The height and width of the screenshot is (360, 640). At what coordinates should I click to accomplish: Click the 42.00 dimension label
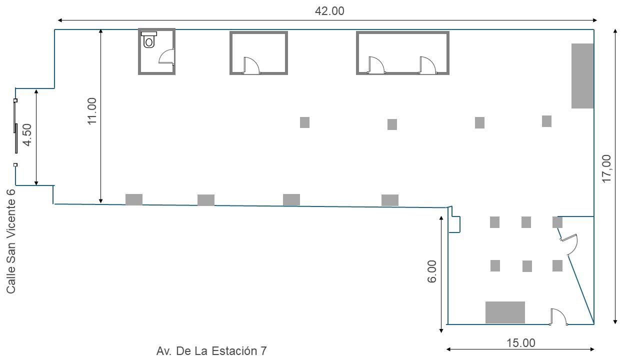coord(329,11)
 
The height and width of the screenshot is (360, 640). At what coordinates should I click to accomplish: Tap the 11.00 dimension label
coord(92,111)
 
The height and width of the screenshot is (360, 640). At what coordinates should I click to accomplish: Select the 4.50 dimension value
coord(27,134)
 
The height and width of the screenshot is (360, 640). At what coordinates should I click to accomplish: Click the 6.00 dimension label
coord(431,271)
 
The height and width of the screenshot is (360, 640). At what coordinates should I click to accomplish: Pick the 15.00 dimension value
coord(520,343)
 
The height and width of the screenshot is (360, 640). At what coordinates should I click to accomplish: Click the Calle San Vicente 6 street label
coord(11,241)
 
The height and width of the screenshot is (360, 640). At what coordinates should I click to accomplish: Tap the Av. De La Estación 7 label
coord(211,350)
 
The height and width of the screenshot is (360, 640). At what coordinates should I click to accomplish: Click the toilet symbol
coord(149,39)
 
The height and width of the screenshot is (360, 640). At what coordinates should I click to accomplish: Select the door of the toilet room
coord(167,56)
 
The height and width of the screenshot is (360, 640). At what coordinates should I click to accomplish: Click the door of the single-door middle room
coord(251,65)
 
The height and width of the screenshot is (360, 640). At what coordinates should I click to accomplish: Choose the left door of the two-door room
coord(376,65)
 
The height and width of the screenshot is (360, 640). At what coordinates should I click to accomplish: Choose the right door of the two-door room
coord(427,65)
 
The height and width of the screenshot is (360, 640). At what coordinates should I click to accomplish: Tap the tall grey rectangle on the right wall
coord(582,76)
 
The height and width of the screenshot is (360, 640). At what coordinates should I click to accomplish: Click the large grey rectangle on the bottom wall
coord(505,312)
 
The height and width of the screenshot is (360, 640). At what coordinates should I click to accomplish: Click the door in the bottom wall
coord(558,317)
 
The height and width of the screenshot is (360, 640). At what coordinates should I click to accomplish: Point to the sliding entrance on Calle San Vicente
coord(15,132)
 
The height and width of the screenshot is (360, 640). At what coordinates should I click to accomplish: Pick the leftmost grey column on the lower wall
coord(134,199)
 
